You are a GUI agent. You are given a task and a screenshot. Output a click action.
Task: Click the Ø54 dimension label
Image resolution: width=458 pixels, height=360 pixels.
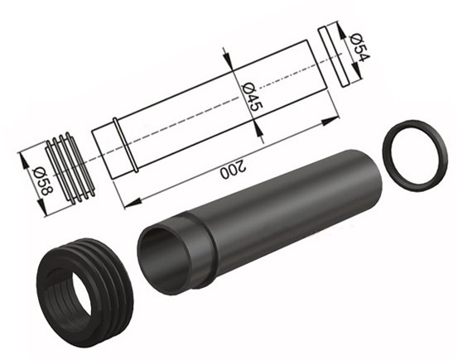click(359, 48)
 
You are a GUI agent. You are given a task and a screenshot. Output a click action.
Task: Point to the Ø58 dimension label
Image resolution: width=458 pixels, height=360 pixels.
click(43, 181)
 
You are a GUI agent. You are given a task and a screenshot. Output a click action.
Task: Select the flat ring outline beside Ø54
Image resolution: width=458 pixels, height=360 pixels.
click(333, 57)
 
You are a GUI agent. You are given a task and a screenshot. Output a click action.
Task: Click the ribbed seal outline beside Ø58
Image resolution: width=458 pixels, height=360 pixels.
click(70, 166)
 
